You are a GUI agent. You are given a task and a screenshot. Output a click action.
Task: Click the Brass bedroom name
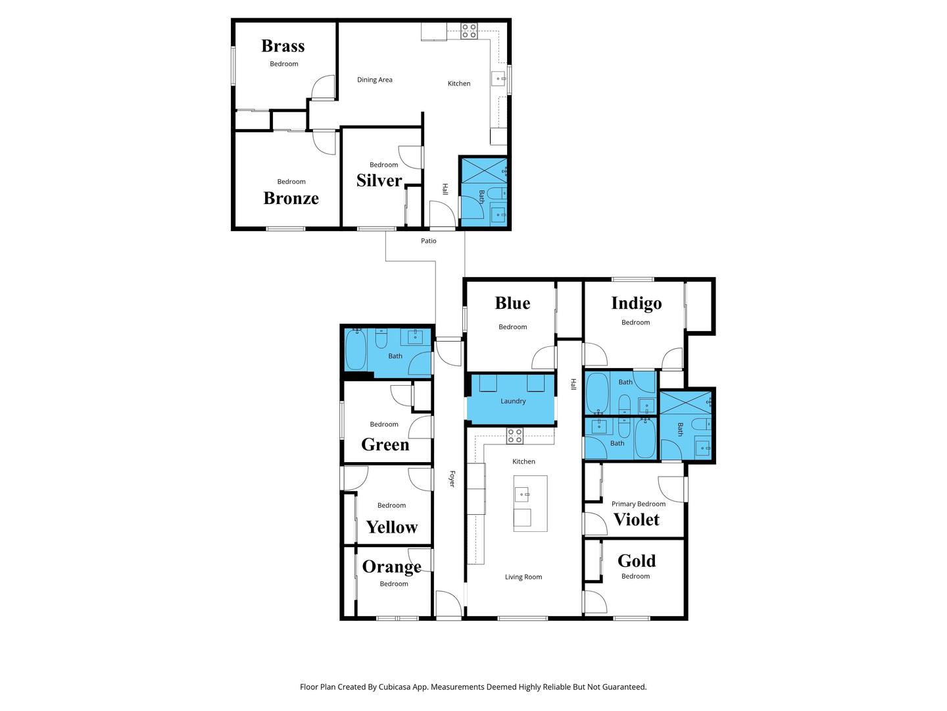coord(283,46)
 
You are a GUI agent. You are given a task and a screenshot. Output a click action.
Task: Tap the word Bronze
coord(291,198)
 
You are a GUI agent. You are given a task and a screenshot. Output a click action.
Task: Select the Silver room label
coord(379,180)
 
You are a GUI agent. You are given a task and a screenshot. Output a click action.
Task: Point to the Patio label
coord(428,241)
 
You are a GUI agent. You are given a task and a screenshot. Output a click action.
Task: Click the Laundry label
coord(513,401)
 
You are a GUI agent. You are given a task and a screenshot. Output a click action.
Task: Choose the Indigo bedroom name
coord(637,303)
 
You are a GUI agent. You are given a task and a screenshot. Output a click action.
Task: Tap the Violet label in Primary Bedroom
coord(637,519)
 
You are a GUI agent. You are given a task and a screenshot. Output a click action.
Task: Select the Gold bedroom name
coord(637,561)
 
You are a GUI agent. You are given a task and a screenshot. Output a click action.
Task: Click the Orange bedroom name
coord(392,567)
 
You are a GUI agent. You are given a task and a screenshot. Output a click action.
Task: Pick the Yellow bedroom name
coord(392,527)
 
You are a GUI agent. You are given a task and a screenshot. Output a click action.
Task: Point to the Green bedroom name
coord(385,444)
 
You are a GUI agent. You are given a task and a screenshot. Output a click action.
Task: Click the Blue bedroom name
coord(512,303)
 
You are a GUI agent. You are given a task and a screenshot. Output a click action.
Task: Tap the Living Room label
coord(523,577)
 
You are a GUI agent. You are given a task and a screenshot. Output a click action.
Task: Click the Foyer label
coord(452,479)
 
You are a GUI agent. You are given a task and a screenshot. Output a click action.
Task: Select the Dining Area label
coord(374,80)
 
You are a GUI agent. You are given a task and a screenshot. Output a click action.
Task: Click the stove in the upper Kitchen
coord(469,31)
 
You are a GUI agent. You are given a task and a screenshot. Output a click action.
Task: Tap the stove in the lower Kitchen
coord(515,436)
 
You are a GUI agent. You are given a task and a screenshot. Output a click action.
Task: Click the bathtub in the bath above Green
coord(356,350)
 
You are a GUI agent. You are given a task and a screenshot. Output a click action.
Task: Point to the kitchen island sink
coord(522,494)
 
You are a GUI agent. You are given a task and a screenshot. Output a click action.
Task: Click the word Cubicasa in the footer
coord(395,687)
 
